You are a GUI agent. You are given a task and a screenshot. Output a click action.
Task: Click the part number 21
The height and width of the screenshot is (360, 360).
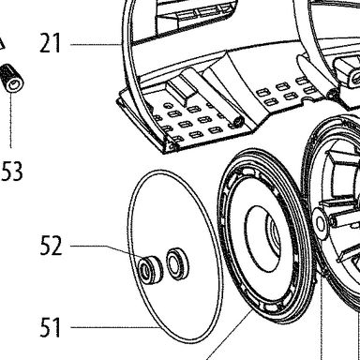tap(50, 43)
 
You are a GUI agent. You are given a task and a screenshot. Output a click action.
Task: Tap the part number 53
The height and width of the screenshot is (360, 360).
tap(12, 172)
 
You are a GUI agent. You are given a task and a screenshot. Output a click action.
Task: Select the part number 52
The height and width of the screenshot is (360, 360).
tap(51, 246)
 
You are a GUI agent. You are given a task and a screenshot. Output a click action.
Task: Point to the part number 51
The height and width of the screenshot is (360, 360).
tap(50, 327)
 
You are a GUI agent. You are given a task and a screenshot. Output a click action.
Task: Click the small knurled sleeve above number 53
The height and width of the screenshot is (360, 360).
tap(12, 78)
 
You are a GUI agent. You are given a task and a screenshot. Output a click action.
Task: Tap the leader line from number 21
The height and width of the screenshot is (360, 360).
tap(96, 45)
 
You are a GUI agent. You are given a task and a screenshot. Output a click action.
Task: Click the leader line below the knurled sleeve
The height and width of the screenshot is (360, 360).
tap(11, 120)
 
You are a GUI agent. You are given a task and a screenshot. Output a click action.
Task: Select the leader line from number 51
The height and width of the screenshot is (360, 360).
tap(115, 327)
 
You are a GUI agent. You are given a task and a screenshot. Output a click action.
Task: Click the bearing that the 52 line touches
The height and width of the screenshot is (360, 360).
tap(150, 270)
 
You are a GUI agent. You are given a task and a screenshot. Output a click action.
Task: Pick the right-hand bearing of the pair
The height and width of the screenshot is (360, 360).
tap(177, 263)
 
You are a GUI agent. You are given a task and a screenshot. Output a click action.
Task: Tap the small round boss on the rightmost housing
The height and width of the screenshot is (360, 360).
tap(321, 223)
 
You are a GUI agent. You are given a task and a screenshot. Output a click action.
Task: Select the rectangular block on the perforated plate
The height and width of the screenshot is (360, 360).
tap(181, 92)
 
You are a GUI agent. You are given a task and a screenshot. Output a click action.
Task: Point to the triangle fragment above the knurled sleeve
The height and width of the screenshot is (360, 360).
tap(2, 44)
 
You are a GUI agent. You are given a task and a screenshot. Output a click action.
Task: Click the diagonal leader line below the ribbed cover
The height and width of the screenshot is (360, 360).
tap(230, 335)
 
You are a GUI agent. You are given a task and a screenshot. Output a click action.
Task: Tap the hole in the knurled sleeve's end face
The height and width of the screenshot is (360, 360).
tap(14, 84)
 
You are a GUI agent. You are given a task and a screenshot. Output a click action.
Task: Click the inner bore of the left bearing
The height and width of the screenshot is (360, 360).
tap(144, 269)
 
